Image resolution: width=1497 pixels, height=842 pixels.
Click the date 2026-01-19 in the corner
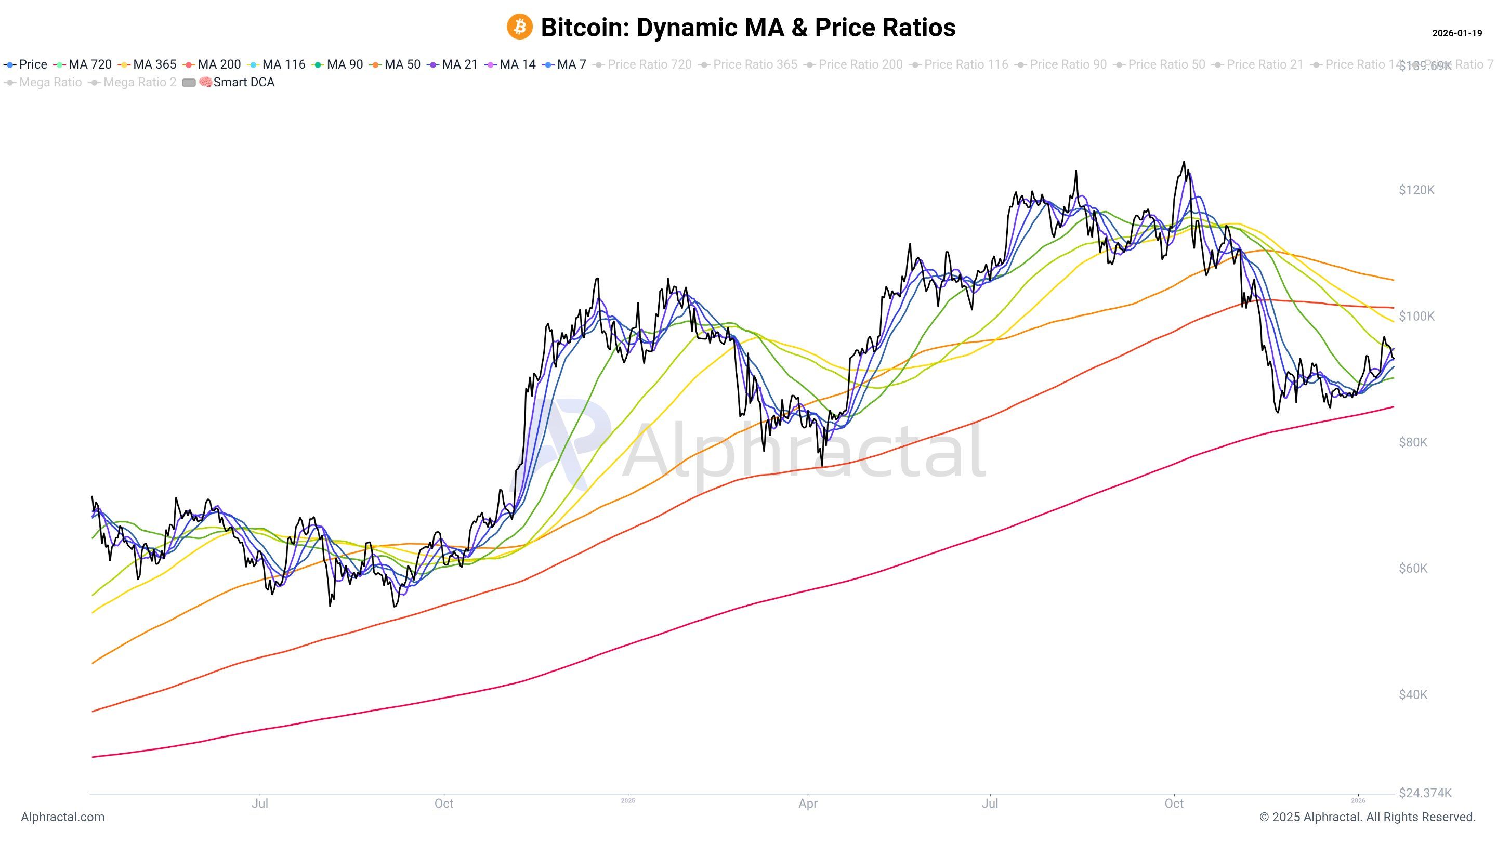[1456, 33]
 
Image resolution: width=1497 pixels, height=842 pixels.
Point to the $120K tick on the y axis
[1416, 190]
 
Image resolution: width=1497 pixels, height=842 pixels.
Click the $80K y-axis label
[1413, 442]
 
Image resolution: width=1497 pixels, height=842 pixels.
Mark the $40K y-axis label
[1413, 694]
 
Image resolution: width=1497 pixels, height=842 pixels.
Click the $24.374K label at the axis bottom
[1425, 793]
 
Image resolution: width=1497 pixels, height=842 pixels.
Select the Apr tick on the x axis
[808, 804]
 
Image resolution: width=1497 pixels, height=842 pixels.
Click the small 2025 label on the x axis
[627, 801]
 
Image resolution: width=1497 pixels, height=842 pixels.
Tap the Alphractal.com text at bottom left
[63, 817]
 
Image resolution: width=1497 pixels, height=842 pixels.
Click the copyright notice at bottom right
[1368, 817]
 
